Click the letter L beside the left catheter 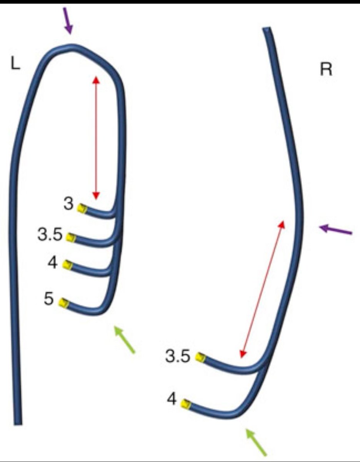click(15, 65)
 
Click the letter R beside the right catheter click(326, 70)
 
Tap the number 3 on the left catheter click(68, 204)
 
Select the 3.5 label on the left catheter click(50, 234)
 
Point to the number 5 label click(48, 299)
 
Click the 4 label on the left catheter click(52, 264)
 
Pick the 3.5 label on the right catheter click(178, 357)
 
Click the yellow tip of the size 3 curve click(81, 208)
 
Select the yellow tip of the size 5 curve click(63, 303)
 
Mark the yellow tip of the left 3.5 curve click(70, 237)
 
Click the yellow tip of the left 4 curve click(68, 265)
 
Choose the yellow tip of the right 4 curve click(186, 404)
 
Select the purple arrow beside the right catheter click(336, 230)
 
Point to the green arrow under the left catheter click(125, 339)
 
